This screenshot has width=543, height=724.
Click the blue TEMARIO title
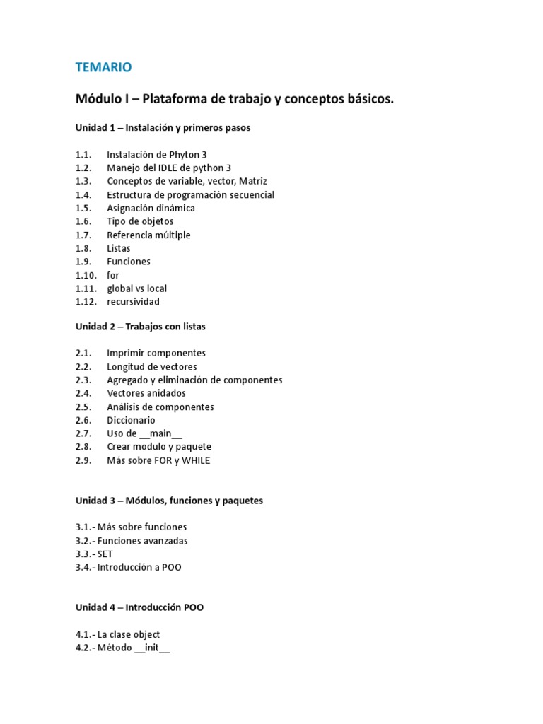103,67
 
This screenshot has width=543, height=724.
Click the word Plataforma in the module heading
174,100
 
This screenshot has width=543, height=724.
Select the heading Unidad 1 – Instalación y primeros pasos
163,128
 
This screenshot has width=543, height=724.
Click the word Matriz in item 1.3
252,181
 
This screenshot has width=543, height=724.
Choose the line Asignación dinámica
151,208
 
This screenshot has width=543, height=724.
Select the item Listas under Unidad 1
119,248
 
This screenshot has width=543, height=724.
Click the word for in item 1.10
113,275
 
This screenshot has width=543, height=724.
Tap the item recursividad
133,302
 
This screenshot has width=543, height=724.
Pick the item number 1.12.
86,302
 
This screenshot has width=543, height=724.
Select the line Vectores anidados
146,393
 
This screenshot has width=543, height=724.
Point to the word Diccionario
131,420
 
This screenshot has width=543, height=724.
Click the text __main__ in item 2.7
161,433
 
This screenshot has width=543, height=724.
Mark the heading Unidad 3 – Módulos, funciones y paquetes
169,501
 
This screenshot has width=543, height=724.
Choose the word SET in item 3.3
105,554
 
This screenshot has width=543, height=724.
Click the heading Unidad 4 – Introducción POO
140,607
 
